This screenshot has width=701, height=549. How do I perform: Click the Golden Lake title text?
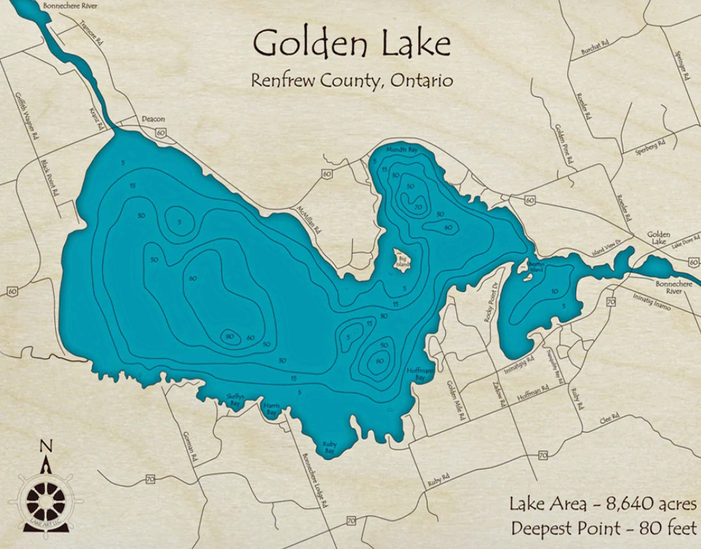coord(352,44)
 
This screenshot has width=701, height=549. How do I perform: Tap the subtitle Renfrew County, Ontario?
coord(352,80)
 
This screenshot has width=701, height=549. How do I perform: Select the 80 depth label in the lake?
coord(230,336)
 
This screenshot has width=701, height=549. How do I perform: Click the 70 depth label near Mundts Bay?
coord(418,208)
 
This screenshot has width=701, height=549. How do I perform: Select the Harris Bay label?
coord(271,409)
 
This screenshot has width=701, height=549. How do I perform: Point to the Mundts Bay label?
coord(401,150)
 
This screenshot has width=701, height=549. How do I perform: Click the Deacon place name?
coord(153,119)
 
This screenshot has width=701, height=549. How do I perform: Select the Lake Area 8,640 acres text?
coord(603,504)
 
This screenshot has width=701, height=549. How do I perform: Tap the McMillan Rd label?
coord(309,220)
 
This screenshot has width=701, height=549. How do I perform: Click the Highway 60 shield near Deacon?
coord(161,133)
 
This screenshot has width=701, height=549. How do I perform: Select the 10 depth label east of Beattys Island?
coord(554,291)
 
